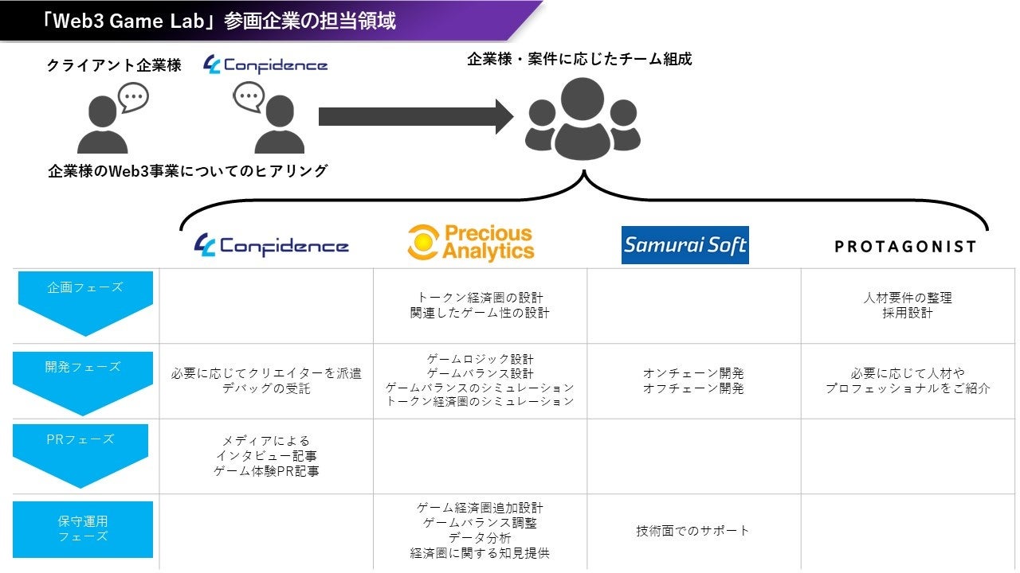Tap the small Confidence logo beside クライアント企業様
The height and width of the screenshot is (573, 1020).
tap(265, 65)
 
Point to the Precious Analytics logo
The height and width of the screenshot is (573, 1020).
tap(470, 243)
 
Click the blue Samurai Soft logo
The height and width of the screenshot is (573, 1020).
tap(685, 244)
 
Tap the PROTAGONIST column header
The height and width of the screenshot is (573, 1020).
tap(905, 247)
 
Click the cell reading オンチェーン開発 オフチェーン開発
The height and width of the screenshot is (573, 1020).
tap(693, 380)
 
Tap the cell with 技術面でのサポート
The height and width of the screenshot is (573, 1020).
tap(693, 531)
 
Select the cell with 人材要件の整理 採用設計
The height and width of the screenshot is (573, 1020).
tap(908, 306)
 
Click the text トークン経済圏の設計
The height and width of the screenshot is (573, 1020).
tap(480, 298)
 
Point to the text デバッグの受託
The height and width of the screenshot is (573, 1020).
tap(265, 388)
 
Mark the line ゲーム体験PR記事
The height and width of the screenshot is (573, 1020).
tap(267, 470)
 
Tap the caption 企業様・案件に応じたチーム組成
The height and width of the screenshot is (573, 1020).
tap(579, 59)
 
